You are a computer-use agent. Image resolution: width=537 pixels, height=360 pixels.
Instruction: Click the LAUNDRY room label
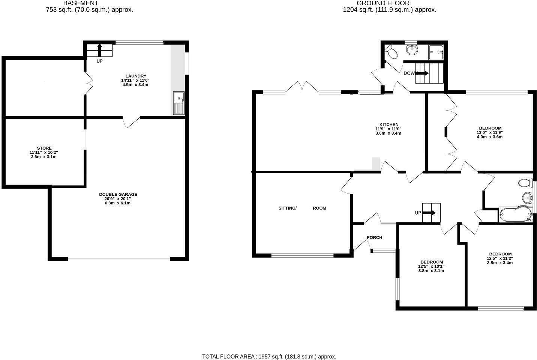pos(136,76)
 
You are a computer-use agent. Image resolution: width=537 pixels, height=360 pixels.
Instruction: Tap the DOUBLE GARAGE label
pos(118,194)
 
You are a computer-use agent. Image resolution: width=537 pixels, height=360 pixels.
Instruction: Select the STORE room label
pos(44,148)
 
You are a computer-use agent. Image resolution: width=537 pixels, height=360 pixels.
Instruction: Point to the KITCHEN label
pos(389,124)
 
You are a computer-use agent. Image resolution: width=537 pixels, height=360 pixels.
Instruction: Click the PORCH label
pos(375,237)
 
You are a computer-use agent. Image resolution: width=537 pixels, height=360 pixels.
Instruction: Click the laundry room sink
pos(178,103)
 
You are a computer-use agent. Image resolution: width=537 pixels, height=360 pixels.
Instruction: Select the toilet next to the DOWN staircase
pos(391,52)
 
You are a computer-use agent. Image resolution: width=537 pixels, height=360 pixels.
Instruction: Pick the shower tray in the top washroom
pos(436,52)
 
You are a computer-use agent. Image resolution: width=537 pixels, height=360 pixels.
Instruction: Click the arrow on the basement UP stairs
pos(99,50)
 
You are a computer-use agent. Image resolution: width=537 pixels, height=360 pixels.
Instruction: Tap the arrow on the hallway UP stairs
pos(429,213)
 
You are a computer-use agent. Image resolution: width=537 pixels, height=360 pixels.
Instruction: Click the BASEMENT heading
pos(81,3)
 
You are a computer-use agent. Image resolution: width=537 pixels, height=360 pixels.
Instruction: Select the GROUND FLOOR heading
pos(383,3)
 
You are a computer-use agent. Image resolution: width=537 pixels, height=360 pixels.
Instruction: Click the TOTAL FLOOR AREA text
pos(269,356)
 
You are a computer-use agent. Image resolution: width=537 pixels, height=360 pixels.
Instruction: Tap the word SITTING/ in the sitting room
pos(288,208)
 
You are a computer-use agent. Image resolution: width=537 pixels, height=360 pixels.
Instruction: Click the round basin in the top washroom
pos(412,50)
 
